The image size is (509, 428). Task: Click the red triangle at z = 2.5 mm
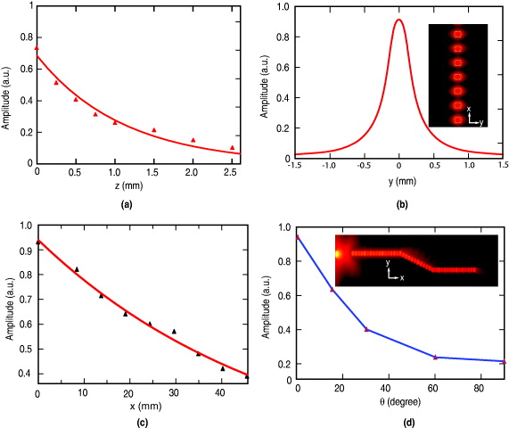coord(232,147)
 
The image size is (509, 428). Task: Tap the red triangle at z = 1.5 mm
coord(153,130)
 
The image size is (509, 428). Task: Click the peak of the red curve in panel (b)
coord(398,20)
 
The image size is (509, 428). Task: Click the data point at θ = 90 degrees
coord(503,361)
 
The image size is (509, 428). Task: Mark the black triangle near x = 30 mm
coord(174,331)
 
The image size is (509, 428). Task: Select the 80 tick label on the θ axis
coord(480,389)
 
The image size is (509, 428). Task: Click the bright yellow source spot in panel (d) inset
coord(339,254)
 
